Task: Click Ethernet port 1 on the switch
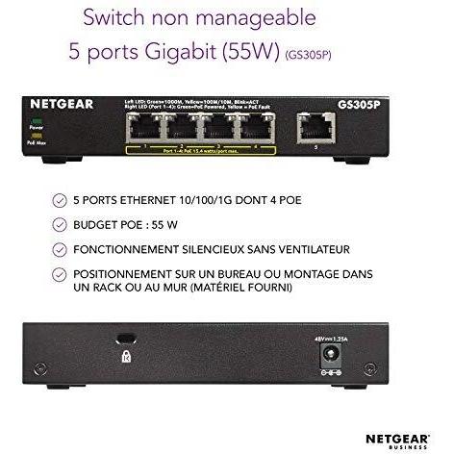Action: tap(141, 127)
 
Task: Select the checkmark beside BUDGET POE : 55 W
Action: tap(62, 226)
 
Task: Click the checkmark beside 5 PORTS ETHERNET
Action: tap(62, 203)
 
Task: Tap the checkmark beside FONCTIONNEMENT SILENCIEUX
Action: tap(62, 249)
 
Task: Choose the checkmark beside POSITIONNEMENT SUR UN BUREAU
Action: tap(62, 273)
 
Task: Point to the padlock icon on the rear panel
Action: tap(126, 355)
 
